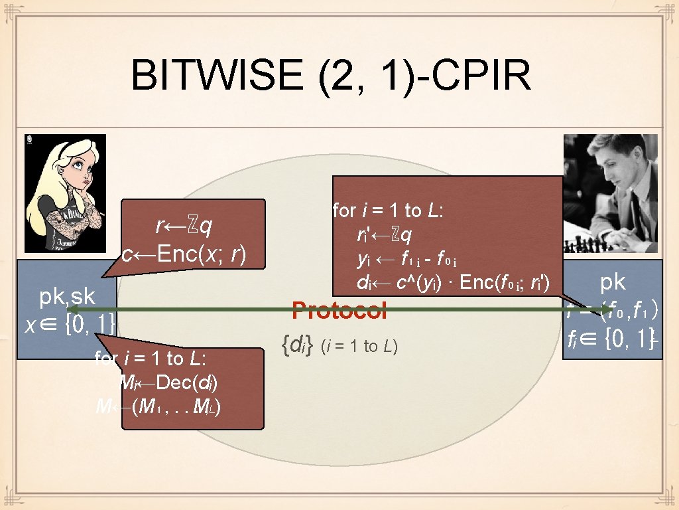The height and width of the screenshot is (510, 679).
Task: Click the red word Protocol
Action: click(x=339, y=310)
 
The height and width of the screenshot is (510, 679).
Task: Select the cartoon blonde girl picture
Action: click(x=64, y=193)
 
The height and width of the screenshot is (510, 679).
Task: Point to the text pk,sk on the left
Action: click(x=67, y=296)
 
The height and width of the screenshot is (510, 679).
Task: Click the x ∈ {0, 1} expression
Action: click(x=70, y=325)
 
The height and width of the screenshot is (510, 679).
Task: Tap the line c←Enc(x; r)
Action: click(x=184, y=254)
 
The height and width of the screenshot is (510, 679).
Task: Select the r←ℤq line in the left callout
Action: click(x=184, y=227)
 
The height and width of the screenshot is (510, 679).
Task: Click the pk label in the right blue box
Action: click(x=613, y=282)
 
